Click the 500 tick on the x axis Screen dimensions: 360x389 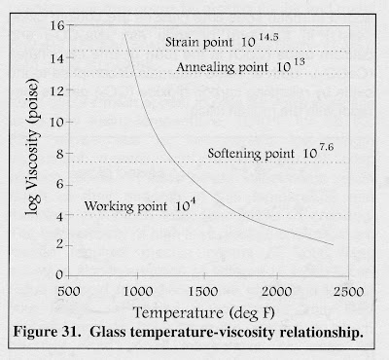pyautogui.click(x=67, y=290)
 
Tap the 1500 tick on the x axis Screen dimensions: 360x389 pyautogui.click(x=207, y=290)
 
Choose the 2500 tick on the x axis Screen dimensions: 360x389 pyautogui.click(x=346, y=290)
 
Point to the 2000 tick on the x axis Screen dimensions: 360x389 pyautogui.click(x=277, y=290)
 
